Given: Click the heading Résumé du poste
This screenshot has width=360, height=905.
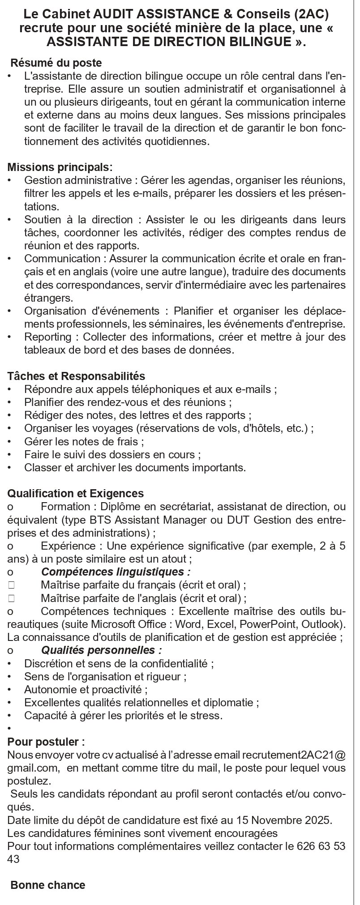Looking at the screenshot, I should pos(56,63).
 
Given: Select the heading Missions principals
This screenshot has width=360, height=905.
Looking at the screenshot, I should pos(60,167).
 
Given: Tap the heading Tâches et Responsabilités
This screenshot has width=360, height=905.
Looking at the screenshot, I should pos(76,376).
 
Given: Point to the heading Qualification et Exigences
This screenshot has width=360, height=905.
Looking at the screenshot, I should pos(76,494).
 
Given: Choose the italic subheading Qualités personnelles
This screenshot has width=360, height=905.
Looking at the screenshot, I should pos(101,650).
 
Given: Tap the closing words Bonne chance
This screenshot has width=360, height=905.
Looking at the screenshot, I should pos(47,885).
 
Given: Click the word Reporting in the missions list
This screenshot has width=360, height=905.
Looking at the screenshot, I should pos(48,337).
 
